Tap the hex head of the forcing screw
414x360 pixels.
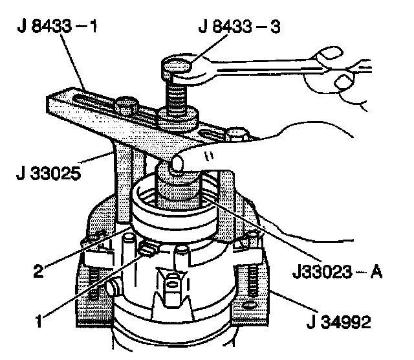point(176,67)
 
